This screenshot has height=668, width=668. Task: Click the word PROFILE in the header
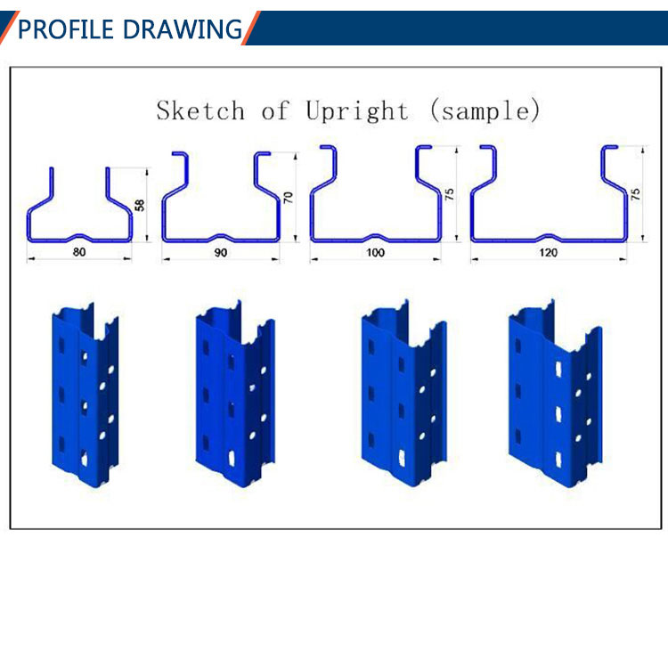pos(66,29)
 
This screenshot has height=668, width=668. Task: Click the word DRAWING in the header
pos(183,29)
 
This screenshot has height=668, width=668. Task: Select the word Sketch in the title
pos(200,110)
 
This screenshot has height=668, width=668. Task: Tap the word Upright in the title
pos(357,111)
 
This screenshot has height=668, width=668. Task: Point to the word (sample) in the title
pos(485,110)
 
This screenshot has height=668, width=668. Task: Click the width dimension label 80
pos(79,252)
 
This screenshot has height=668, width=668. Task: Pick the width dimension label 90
pos(220,253)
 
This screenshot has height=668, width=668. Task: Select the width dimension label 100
pos(375,253)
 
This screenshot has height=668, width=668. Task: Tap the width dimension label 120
pos(549,253)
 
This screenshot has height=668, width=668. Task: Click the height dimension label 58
pos(139,205)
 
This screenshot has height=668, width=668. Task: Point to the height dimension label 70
pos(289,198)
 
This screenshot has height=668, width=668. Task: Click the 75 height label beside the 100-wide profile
pos(449,195)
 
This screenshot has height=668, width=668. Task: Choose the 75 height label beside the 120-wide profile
pos(635,195)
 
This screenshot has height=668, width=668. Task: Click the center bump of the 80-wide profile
pos(78,236)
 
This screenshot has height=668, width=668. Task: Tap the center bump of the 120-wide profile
pos(548,236)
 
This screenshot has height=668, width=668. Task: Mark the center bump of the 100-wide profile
pos(375,236)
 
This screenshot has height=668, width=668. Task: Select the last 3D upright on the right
pos(555,394)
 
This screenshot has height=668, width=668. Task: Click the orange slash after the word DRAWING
pos(251,28)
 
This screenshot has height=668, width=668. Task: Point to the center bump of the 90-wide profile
pos(220,236)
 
